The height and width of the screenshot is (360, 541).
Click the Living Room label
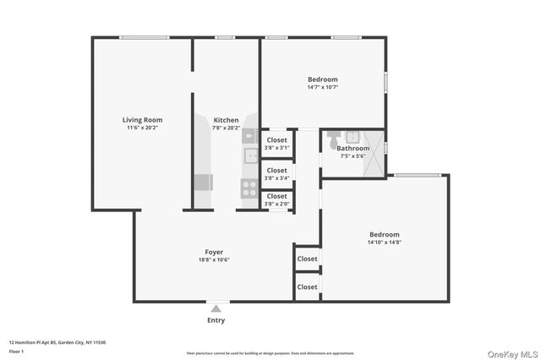(142, 120)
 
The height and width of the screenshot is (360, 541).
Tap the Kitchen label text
(226, 120)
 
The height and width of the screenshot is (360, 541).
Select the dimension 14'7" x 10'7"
(322, 87)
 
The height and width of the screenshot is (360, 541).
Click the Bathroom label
(352, 148)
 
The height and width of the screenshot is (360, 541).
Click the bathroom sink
(352, 136)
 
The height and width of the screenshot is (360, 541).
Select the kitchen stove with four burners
(249, 188)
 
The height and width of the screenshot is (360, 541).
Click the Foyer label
(214, 252)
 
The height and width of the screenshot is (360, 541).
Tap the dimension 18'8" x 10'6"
(214, 260)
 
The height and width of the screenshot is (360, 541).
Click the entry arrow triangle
(216, 308)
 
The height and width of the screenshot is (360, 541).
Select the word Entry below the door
(216, 320)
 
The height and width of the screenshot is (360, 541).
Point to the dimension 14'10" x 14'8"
(384, 243)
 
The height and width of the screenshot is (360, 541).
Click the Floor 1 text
(17, 350)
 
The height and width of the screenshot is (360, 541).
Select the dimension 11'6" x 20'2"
(142, 128)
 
